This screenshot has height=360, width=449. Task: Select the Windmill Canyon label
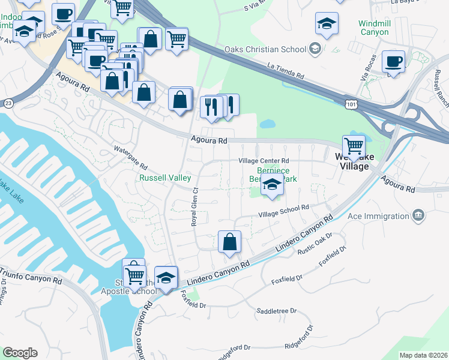click(x=374, y=27)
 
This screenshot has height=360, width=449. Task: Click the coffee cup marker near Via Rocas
click(x=393, y=62)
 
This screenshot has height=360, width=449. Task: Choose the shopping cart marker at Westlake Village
click(x=354, y=146)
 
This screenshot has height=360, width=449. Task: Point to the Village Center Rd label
click(x=264, y=161)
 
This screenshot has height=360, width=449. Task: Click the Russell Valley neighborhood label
click(x=165, y=178)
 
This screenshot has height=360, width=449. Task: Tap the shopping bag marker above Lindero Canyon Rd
click(x=229, y=242)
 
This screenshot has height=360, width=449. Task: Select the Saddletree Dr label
click(x=277, y=311)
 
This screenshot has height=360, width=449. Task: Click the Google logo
click(x=20, y=353)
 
